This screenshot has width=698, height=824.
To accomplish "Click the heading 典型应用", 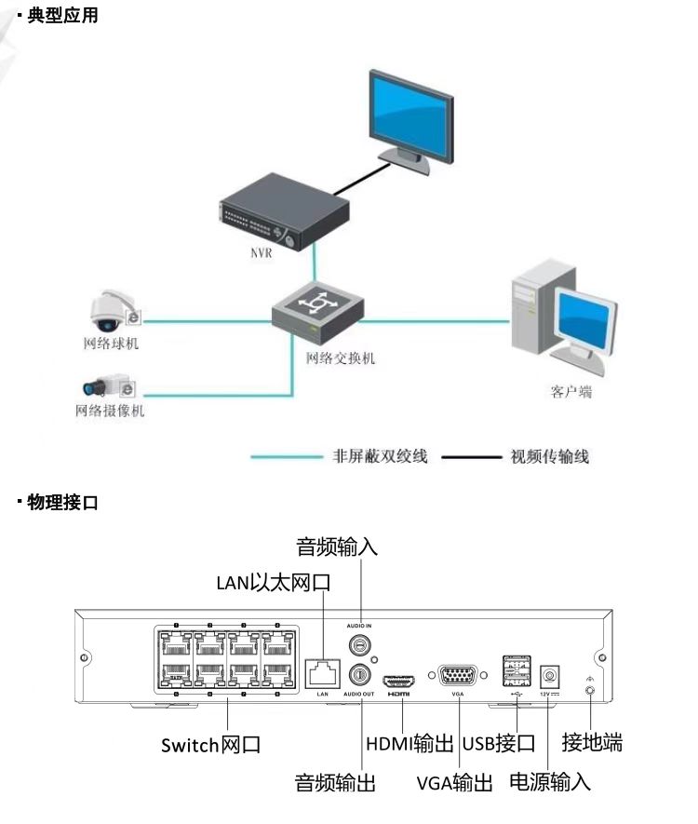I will [x=62, y=16].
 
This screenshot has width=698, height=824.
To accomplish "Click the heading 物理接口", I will [x=62, y=504].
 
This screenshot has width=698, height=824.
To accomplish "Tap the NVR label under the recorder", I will [x=262, y=253].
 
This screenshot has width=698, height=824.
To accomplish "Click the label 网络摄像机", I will [x=110, y=411].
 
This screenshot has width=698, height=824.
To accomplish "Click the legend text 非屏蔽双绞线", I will [x=381, y=456].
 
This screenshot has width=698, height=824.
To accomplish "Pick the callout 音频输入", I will [x=337, y=546].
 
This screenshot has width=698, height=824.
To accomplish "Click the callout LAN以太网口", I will [x=274, y=583].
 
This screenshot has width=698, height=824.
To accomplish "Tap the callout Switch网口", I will [x=210, y=745].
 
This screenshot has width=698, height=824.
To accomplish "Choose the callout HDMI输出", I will [x=409, y=744].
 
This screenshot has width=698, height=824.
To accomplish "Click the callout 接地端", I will [x=592, y=742].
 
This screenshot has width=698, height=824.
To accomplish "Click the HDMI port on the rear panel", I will [x=399, y=679].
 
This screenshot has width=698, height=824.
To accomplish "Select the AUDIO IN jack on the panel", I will [x=357, y=644].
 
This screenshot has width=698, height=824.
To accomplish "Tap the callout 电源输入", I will [x=549, y=781].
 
